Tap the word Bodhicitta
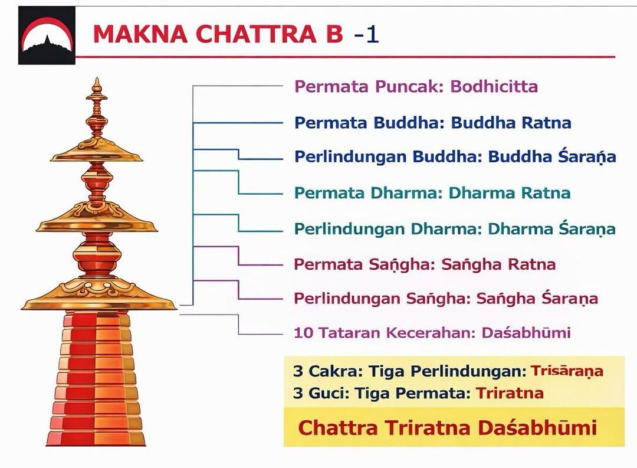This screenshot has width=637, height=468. (x=494, y=86)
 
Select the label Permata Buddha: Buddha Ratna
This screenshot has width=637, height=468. (x=433, y=122)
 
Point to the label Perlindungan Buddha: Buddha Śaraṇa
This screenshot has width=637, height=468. (x=455, y=156)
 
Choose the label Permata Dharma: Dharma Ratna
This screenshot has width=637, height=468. (x=432, y=193)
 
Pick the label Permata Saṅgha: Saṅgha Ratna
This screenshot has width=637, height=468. (x=425, y=264)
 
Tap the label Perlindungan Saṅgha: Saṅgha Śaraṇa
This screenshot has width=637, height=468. (x=446, y=299)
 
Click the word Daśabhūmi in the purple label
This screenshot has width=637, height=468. (x=526, y=333)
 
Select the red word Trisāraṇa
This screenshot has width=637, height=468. (x=567, y=371)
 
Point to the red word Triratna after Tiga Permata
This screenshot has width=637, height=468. (x=510, y=393)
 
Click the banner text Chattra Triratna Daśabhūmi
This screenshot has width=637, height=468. (x=447, y=428)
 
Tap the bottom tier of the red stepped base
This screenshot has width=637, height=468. (x=96, y=438)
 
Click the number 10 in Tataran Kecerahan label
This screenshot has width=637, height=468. (x=304, y=333)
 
